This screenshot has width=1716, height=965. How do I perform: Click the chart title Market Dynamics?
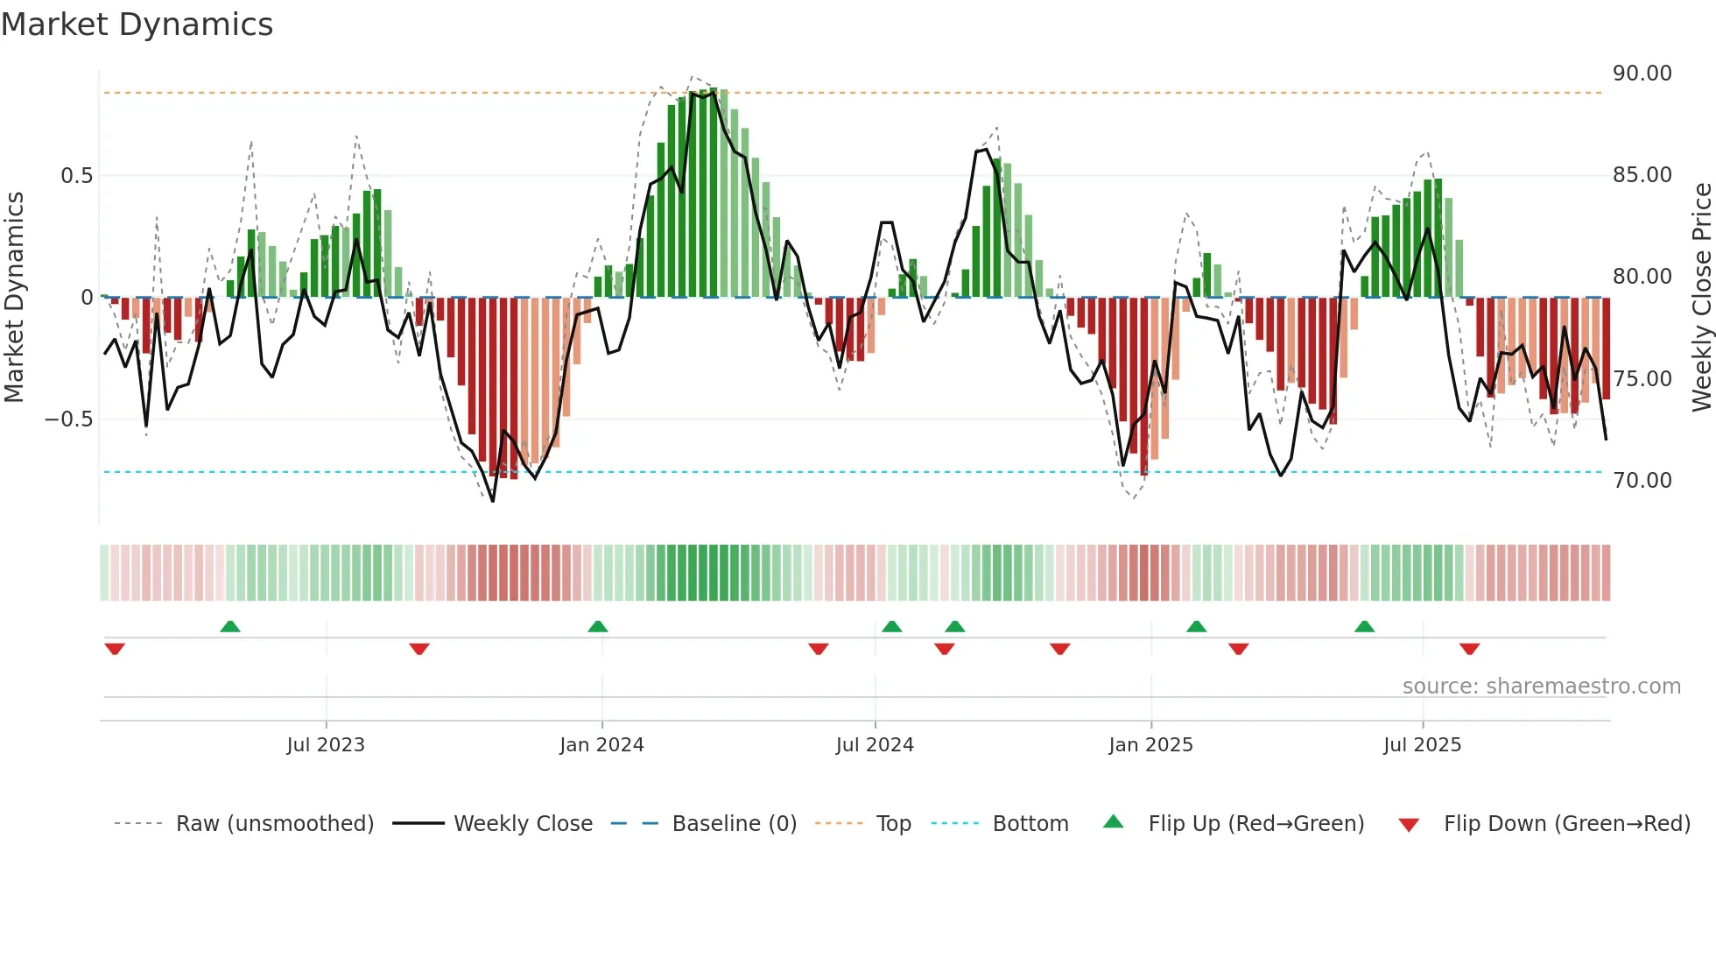pos(137,25)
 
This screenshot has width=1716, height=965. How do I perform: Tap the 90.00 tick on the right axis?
pos(1642,74)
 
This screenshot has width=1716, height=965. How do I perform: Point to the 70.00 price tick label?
pos(1642,481)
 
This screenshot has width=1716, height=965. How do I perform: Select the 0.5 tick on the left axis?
pos(76,176)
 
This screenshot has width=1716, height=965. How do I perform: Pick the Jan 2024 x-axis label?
pos(601,745)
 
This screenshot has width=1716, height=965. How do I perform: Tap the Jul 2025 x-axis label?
pos(1422,745)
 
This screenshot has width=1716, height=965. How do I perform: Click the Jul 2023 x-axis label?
pos(325,745)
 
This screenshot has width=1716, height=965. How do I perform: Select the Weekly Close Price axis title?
pos(1701,298)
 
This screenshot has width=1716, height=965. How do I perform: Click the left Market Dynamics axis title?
pos(14,298)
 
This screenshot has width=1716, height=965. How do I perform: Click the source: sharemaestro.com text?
pos(1541,687)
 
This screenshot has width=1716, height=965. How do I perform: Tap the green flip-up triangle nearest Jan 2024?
pos(598,626)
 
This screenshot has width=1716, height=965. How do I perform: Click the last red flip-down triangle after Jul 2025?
pos(1469,649)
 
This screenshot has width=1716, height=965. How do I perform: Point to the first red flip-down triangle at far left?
pos(115,649)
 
